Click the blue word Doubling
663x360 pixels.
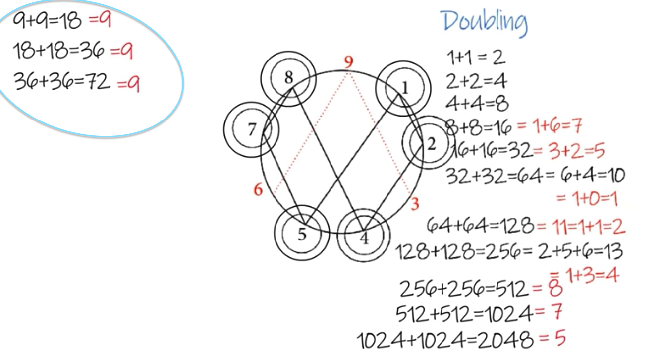click(485, 23)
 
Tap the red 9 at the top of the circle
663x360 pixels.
click(349, 62)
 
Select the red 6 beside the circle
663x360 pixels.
click(258, 189)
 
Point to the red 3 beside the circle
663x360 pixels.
click(415, 204)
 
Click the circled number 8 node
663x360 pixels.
click(288, 78)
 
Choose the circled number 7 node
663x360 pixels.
click(251, 129)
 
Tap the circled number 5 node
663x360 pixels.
click(302, 233)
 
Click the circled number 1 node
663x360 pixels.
click(403, 88)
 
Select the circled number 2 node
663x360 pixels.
click(428, 142)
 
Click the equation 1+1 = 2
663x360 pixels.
click(476, 58)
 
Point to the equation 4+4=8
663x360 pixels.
click(477, 104)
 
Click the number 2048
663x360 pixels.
click(505, 340)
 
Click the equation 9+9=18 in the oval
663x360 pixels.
click(47, 21)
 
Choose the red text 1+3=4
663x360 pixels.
click(592, 275)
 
